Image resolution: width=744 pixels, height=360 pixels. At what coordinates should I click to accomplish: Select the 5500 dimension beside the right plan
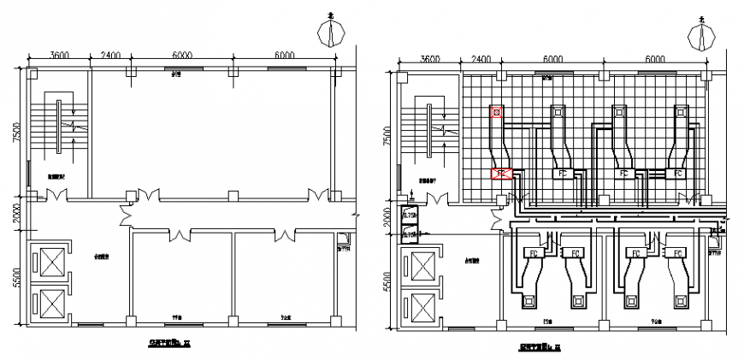click(x=386, y=283)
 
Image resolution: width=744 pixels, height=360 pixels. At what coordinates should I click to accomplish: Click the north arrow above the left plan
click(x=330, y=33)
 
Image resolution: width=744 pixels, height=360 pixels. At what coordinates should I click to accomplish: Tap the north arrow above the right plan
click(x=701, y=36)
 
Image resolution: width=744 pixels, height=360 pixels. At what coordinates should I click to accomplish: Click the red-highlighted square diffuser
click(x=497, y=111)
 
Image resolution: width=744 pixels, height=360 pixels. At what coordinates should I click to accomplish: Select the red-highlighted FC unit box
click(x=502, y=174)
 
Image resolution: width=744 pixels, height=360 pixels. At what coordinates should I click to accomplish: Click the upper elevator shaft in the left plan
click(x=49, y=262)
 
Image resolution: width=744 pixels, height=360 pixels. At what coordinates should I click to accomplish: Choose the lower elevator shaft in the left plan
click(x=49, y=304)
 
